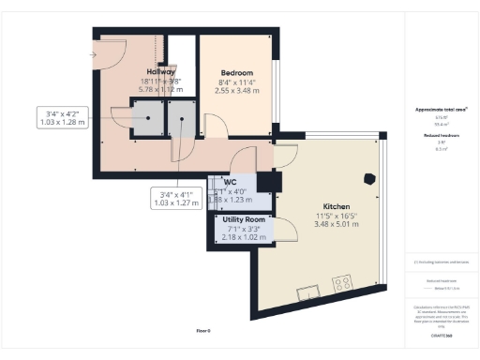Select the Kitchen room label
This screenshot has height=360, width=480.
(337, 205)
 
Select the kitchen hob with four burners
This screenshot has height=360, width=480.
(342, 281)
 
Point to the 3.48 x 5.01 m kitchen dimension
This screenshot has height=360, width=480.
(337, 224)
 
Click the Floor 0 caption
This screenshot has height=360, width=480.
(202, 331)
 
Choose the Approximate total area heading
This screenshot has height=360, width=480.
(434, 110)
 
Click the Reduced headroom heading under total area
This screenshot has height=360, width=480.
(434, 136)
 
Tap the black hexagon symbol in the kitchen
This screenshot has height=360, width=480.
(370, 177)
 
